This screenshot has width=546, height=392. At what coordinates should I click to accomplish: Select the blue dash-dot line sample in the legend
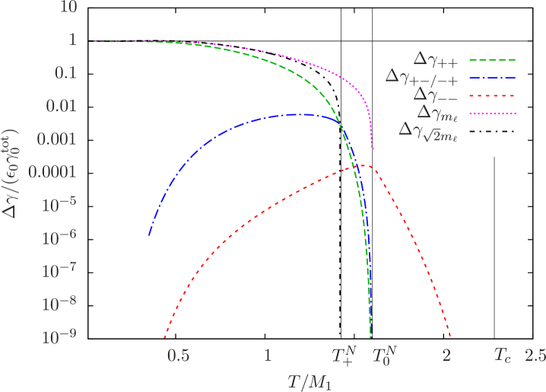click(494, 78)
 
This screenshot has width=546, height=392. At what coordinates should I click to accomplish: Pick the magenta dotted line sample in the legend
click(494, 113)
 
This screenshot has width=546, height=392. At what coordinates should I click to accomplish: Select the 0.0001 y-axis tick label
click(54, 172)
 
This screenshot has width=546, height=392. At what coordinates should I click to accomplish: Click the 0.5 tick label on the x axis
click(179, 355)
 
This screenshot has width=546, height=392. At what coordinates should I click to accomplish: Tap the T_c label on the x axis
click(502, 355)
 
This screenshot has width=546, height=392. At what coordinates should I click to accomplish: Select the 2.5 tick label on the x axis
click(535, 355)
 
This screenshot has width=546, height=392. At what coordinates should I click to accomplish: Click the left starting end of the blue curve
click(149, 236)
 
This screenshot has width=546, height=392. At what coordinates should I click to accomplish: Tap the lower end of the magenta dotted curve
click(373, 148)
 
